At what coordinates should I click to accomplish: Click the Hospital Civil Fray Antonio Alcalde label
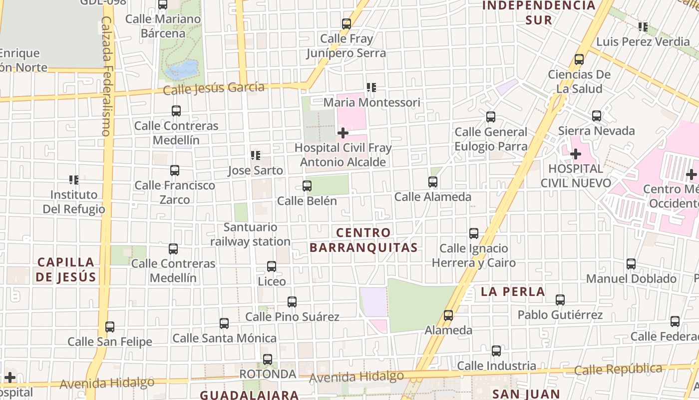(343, 155)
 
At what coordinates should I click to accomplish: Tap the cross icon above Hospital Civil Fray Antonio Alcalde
(343, 133)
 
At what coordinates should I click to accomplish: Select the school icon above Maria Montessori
(371, 88)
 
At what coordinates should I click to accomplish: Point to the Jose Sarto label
(255, 170)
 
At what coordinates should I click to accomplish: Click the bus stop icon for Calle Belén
(307, 186)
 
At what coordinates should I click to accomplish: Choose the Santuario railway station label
(250, 234)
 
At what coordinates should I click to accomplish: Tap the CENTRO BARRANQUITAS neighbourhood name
(363, 240)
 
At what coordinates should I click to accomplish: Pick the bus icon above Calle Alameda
(433, 182)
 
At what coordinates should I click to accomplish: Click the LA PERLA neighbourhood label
(513, 292)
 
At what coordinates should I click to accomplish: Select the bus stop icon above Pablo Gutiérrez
(560, 300)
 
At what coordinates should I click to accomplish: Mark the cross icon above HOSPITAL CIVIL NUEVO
(576, 154)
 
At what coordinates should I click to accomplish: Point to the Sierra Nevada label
(596, 131)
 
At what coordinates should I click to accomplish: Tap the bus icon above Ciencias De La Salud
(579, 59)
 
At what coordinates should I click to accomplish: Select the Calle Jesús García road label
(214, 88)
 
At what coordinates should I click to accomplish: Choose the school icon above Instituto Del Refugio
(74, 179)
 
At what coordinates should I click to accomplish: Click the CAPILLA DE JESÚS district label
(66, 269)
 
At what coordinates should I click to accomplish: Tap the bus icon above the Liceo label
(272, 266)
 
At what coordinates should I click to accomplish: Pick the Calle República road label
(618, 369)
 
